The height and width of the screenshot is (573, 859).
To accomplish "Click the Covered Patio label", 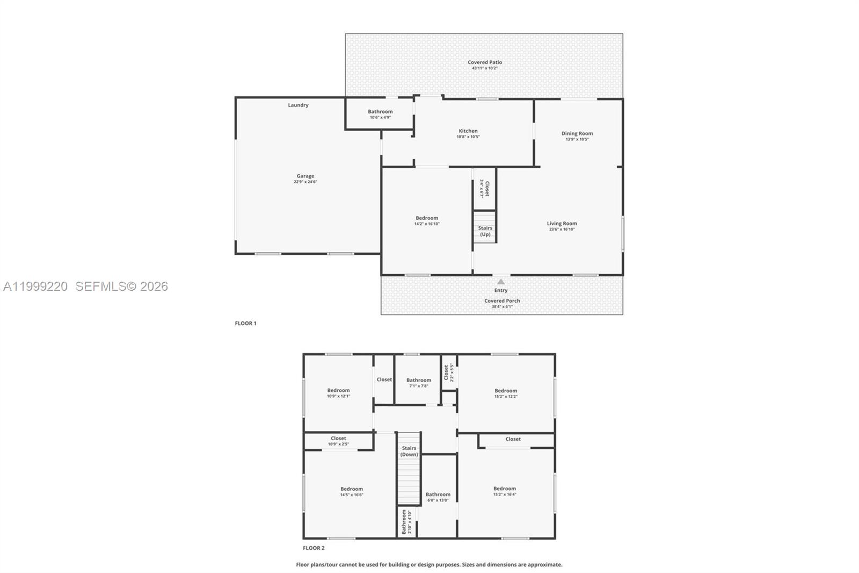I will click(x=485, y=62).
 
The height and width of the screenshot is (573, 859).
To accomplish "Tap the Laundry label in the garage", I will click(x=298, y=105).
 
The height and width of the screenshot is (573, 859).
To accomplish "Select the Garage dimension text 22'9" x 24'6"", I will click(x=305, y=182).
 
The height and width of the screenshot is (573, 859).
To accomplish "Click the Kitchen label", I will click(x=468, y=131).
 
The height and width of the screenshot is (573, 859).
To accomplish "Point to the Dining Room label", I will click(x=577, y=134).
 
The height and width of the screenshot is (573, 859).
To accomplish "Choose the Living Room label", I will click(x=562, y=224).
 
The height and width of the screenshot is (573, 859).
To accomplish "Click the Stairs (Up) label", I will click(x=485, y=231).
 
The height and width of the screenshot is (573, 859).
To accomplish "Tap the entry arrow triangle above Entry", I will click(x=501, y=282).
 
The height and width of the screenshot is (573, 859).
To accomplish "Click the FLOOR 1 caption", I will click(x=246, y=324).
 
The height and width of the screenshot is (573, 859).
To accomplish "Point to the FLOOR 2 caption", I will click(x=314, y=548).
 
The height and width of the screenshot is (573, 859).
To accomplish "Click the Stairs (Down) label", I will click(x=409, y=452).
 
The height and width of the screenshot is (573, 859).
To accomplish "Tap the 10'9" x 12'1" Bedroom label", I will click(x=338, y=391).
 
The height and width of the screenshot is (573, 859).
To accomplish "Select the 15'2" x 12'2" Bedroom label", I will click(x=506, y=391).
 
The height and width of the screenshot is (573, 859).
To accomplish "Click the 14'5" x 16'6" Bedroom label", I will click(x=352, y=489).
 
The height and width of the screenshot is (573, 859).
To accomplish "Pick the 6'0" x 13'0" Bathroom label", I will click(x=438, y=495).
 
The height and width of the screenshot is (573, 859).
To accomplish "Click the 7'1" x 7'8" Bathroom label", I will click(x=419, y=381).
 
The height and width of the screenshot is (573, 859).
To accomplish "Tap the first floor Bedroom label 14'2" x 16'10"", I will click(x=427, y=218).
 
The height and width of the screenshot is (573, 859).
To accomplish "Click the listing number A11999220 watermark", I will click(x=35, y=286).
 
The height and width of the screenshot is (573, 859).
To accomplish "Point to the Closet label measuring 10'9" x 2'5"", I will click(x=338, y=439).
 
